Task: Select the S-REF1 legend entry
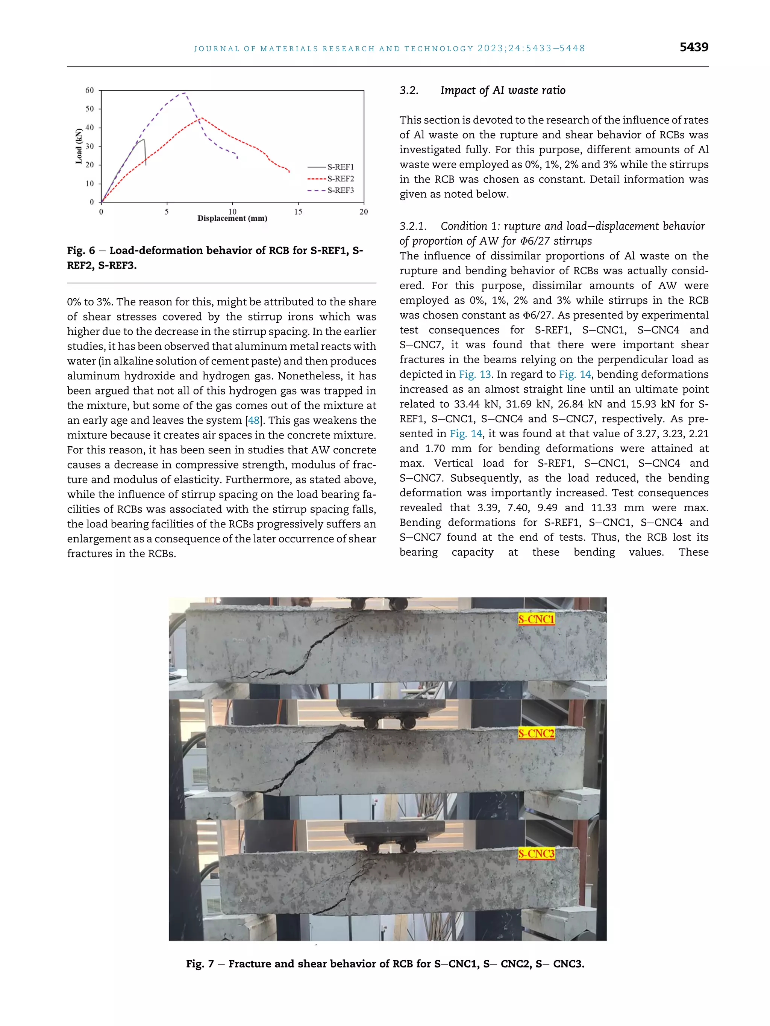340,167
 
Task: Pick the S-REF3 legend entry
340,190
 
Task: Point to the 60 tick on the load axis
89,91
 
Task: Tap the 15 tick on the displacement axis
298,212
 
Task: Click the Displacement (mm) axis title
232,219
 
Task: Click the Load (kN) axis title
79,146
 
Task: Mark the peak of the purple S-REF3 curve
185,93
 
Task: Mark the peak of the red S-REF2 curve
200,118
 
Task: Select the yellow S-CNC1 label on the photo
536,619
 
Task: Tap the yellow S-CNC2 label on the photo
536,733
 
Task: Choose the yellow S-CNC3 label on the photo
536,854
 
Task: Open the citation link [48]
254,420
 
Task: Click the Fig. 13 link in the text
475,374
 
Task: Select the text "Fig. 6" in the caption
81,251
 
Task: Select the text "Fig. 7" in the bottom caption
200,964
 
